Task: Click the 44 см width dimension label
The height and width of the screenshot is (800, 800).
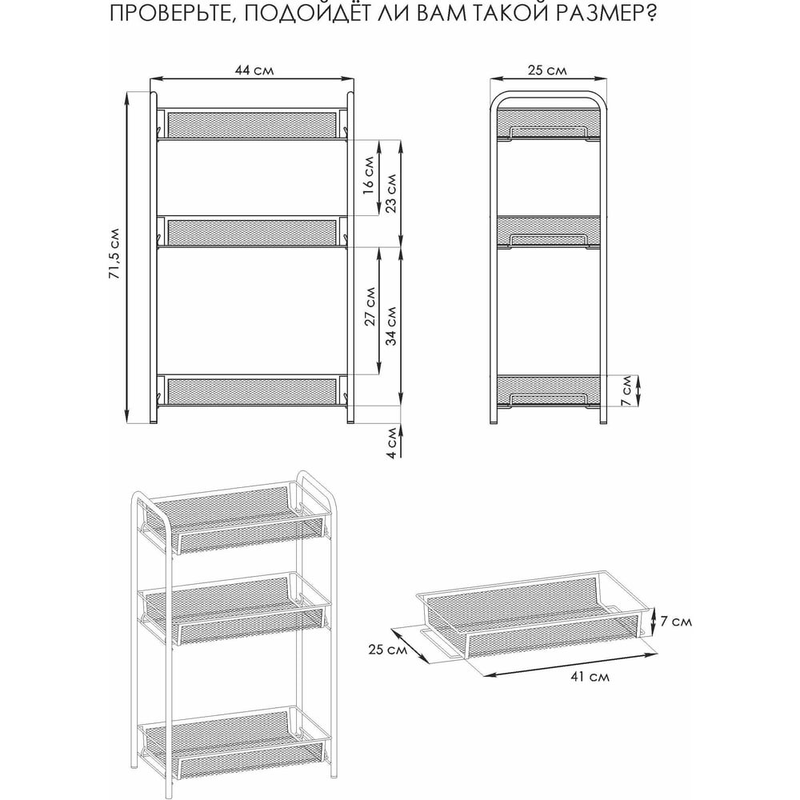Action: click(254, 70)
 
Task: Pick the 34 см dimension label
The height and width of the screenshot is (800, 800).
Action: click(391, 326)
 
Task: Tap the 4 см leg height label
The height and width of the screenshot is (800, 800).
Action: click(391, 442)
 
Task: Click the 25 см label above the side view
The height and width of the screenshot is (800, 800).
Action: click(546, 70)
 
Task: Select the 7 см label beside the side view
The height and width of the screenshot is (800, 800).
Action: click(626, 391)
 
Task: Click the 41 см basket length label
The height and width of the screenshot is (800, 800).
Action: click(590, 677)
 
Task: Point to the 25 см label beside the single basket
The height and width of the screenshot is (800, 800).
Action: click(388, 650)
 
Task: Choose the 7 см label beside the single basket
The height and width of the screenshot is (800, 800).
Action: click(676, 621)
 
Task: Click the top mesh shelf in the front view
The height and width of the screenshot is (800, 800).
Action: click(252, 124)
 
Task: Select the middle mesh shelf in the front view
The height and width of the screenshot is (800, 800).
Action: click(252, 232)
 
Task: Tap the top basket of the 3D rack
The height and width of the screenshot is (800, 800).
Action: click(234, 519)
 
